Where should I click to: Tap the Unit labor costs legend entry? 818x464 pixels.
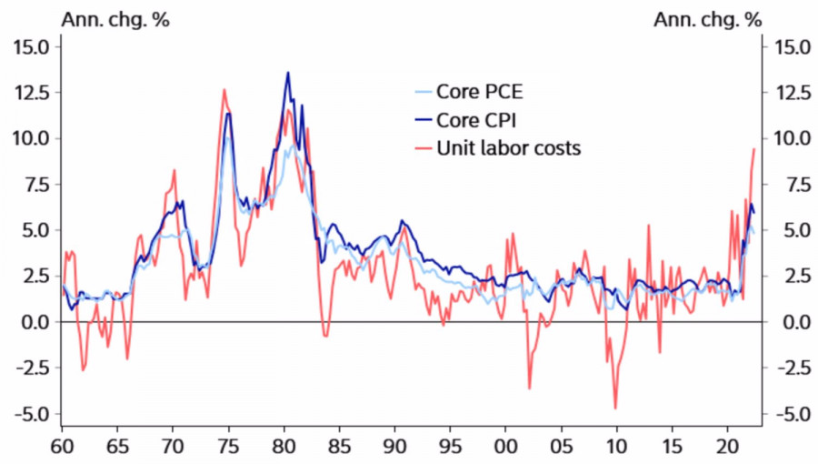tap(508, 147)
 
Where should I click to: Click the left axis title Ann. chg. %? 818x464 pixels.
tap(115, 19)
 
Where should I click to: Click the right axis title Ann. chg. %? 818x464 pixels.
tap(707, 19)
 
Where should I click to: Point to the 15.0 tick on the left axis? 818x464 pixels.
tap(34, 46)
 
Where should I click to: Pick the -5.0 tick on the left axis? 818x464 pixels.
tap(34, 414)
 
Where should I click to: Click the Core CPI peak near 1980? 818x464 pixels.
tap(288, 73)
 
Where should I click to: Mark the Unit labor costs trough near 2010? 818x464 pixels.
tap(615, 409)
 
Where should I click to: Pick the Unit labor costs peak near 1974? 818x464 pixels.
tap(224, 89)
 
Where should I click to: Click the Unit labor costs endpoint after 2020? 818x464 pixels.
tap(754, 148)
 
